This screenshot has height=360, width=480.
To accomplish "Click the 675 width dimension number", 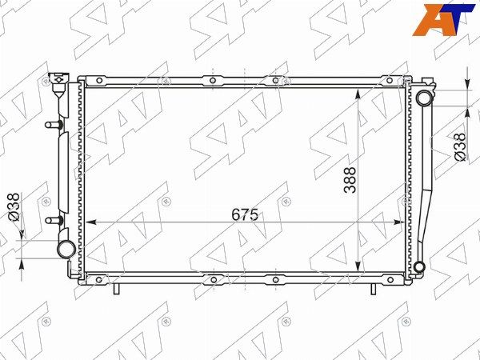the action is pyautogui.click(x=245, y=214).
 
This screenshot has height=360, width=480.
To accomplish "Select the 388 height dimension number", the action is pyautogui.click(x=350, y=180).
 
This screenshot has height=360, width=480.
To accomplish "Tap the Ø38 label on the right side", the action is pyautogui.click(x=461, y=146).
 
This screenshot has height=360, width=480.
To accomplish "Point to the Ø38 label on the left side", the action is pyautogui.click(x=14, y=207).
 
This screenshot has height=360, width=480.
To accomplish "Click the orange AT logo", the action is pyautogui.click(x=444, y=20).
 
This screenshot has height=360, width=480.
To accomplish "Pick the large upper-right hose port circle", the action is pyautogui.click(x=425, y=98).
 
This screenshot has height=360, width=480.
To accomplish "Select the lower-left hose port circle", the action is pyautogui.click(x=66, y=249).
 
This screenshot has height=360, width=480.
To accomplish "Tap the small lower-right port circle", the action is pyautogui.click(x=419, y=267).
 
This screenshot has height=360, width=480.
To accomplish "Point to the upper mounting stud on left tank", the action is pyautogui.click(x=54, y=125).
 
